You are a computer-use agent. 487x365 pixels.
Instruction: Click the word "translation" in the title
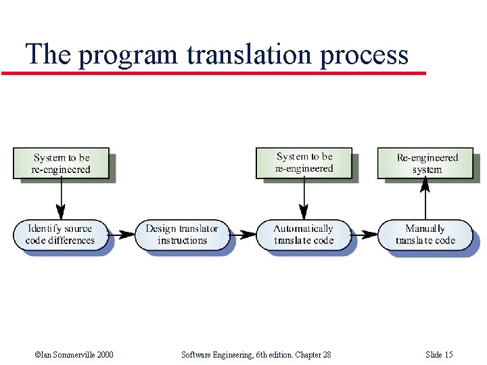250,53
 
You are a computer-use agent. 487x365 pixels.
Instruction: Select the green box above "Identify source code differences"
61,164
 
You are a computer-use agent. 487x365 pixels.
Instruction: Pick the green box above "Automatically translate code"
304,163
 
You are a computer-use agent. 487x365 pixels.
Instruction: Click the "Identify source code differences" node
61,235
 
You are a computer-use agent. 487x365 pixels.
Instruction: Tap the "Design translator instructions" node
182,235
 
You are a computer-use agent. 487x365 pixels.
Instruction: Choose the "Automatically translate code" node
304,235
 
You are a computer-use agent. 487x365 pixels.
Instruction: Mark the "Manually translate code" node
425,235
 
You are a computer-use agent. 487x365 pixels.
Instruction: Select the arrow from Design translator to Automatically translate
243,235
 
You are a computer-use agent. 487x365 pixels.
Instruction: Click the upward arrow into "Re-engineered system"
425,199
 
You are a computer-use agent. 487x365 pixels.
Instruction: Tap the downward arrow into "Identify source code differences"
61,199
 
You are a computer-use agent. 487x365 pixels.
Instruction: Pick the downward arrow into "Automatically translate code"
304,199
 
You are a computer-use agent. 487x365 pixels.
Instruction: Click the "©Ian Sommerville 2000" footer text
74,355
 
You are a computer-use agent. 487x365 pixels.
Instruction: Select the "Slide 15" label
439,355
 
